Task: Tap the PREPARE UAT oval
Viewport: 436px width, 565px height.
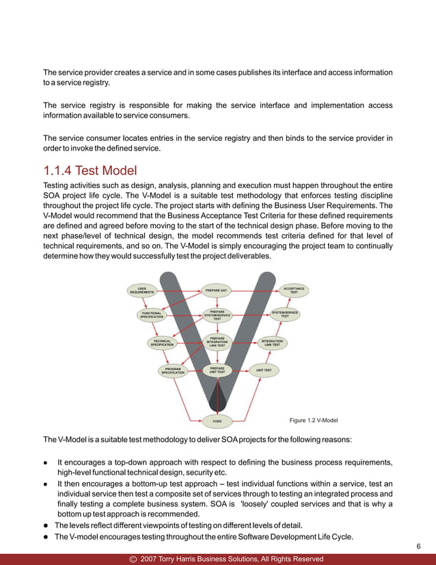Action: (217, 290)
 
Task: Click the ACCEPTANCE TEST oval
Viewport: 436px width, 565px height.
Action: (294, 290)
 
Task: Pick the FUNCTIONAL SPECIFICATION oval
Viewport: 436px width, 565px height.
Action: (152, 315)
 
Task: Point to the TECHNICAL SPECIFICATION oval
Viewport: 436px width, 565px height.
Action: (162, 343)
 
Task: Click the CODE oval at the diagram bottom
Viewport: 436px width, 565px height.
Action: (217, 421)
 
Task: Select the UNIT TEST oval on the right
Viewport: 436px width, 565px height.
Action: (264, 370)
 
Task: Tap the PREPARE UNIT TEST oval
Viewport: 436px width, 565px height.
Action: (217, 370)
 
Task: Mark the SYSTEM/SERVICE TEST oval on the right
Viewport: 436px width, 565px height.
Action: (285, 315)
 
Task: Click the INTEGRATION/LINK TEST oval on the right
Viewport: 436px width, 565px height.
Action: (273, 343)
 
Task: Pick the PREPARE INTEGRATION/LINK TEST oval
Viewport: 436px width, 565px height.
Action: (217, 341)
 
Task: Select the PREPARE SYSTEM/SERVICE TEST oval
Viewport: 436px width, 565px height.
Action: (217, 315)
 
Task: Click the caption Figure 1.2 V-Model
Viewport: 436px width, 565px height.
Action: (314, 420)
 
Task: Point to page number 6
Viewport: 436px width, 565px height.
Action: (418, 547)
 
